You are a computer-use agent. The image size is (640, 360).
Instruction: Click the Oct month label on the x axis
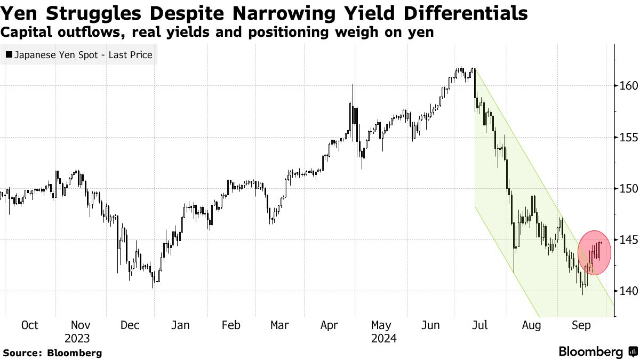(30, 325)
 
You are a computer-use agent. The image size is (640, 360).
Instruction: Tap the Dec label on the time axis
(130, 325)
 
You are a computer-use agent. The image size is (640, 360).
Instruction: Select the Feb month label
(230, 325)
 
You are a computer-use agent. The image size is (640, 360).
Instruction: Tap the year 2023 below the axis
(77, 339)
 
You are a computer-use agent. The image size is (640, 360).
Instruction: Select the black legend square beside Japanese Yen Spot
(9, 55)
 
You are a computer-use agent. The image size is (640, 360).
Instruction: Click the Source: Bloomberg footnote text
(52, 353)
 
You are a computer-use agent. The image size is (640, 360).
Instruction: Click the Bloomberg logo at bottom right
(597, 352)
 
